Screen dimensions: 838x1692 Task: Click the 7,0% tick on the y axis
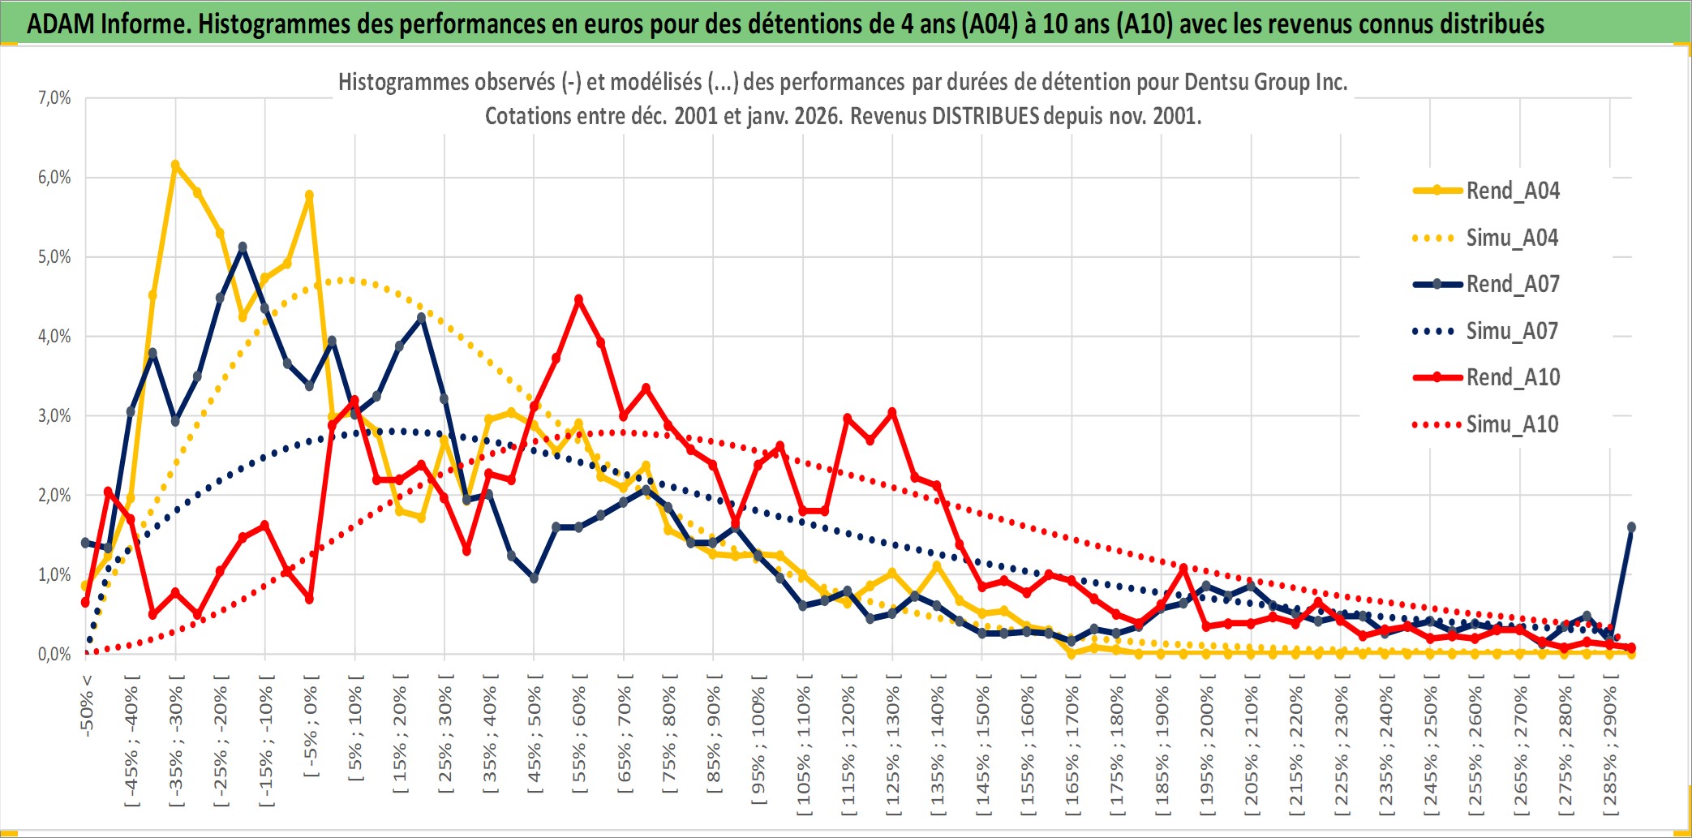(x=54, y=98)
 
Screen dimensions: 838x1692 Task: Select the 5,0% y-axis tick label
(x=54, y=257)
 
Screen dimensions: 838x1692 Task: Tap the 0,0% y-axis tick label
(x=54, y=654)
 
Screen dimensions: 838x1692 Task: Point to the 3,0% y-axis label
(x=54, y=416)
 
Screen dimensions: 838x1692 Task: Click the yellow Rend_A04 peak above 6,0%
(x=175, y=165)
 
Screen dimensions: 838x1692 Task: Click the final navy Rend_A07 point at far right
(x=1631, y=527)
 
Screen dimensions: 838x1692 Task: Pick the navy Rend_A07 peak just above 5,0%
(x=243, y=247)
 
